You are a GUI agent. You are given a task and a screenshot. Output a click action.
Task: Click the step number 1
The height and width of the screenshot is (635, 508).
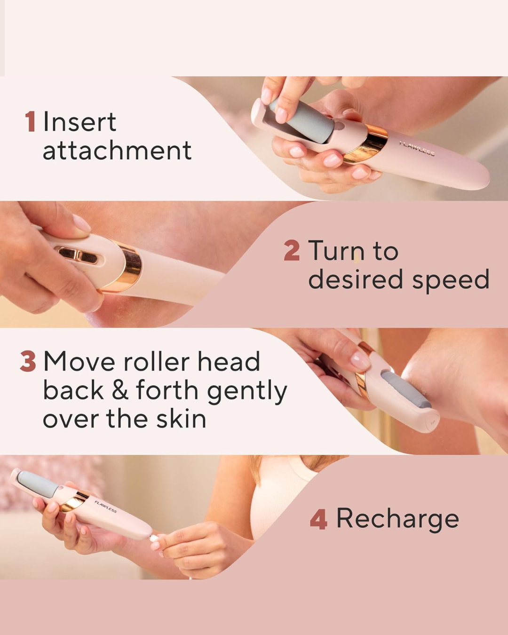pyautogui.click(x=30, y=122)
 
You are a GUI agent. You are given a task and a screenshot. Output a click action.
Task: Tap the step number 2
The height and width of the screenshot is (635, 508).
pyautogui.click(x=292, y=250)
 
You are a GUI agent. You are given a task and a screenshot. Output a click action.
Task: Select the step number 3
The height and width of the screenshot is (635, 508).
pyautogui.click(x=28, y=361)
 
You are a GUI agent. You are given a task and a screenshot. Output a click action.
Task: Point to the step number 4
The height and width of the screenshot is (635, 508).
pyautogui.click(x=318, y=519)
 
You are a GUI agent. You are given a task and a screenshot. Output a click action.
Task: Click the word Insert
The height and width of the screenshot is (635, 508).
pyautogui.click(x=79, y=122)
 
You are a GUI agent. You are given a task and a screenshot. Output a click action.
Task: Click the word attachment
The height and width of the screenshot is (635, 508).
pyautogui.click(x=117, y=151)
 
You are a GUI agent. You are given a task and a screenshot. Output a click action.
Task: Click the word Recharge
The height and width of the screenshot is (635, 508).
pyautogui.click(x=397, y=518)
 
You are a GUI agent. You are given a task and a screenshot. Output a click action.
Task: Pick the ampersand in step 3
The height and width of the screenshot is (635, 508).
pyautogui.click(x=119, y=390)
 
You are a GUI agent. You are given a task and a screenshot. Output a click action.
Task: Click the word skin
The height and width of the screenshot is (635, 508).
pyautogui.click(x=181, y=419)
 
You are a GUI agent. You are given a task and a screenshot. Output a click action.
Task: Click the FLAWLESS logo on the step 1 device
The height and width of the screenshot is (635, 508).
pyautogui.click(x=417, y=149)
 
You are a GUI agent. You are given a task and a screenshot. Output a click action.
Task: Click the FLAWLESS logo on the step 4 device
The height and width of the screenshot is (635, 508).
pyautogui.click(x=105, y=507)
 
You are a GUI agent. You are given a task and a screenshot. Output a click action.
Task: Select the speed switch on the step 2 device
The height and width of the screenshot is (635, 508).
pyautogui.click(x=78, y=255)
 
